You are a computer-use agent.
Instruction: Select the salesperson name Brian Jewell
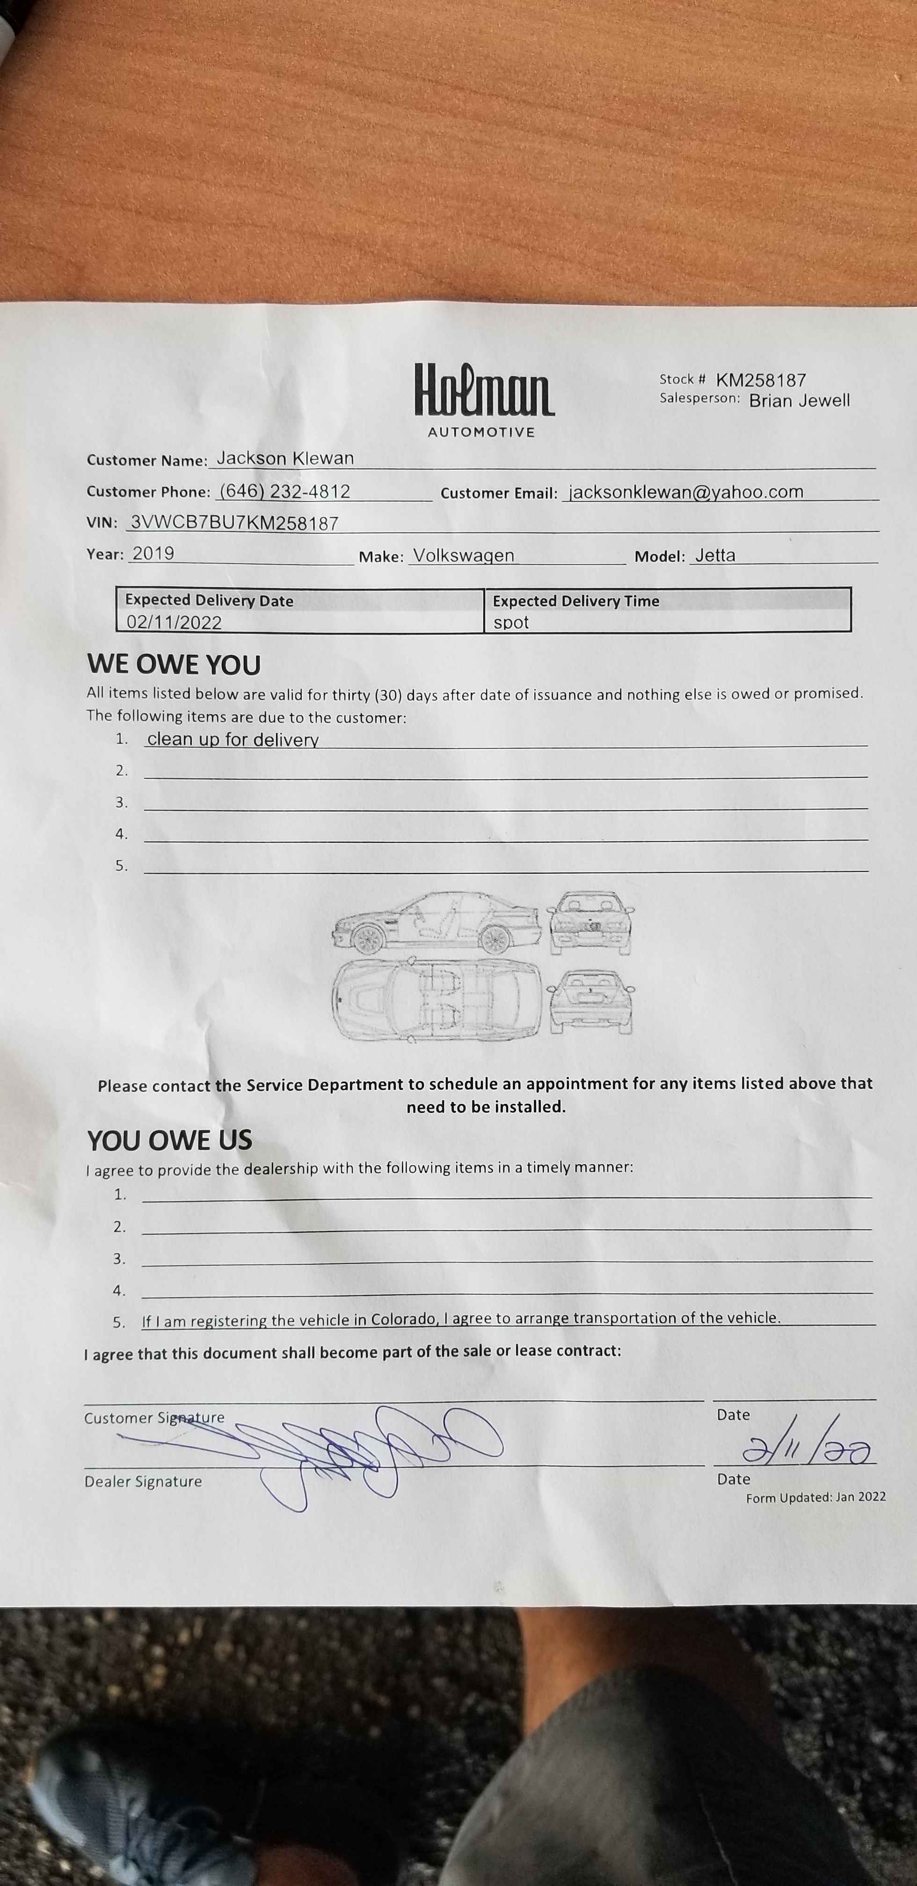[799, 400]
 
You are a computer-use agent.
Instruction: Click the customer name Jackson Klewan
[285, 458]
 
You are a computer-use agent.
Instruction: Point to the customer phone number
[285, 491]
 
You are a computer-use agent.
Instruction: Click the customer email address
[686, 492]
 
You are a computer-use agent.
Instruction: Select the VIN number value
[234, 523]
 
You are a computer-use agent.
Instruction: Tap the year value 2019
[153, 553]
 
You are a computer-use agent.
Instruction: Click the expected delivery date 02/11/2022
[175, 622]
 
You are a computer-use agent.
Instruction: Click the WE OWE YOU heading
[174, 665]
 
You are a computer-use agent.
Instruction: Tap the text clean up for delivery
[233, 740]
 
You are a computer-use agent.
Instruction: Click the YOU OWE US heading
[169, 1140]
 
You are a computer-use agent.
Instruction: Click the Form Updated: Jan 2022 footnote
[815, 1497]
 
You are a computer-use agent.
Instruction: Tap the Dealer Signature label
[143, 1481]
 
